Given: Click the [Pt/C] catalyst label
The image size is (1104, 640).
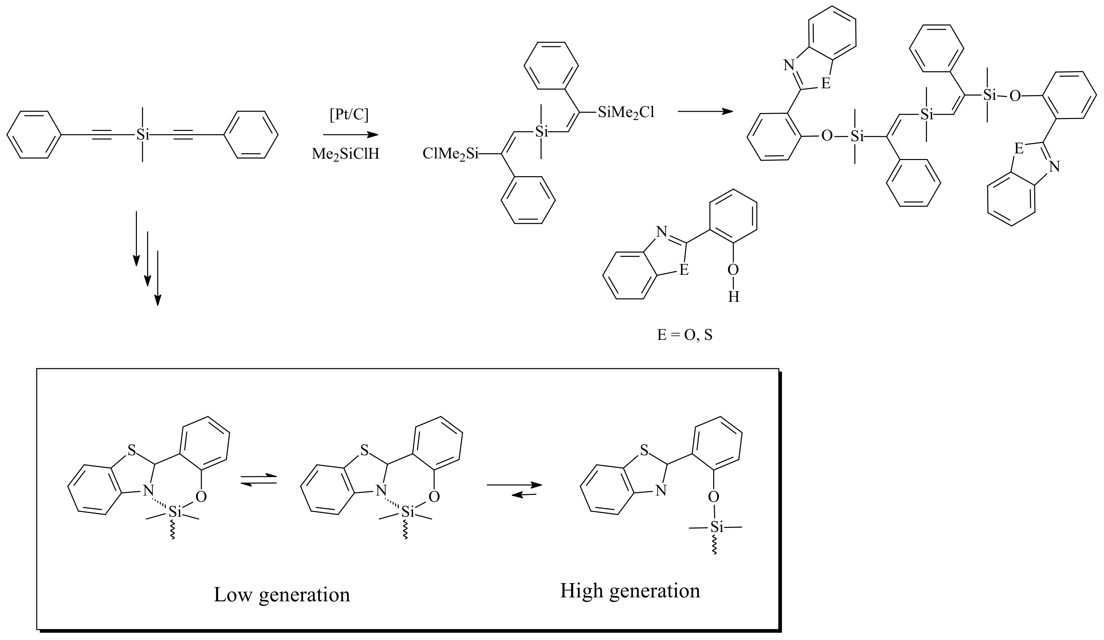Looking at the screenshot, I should (x=349, y=115).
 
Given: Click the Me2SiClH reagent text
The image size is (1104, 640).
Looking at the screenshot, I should (x=345, y=154).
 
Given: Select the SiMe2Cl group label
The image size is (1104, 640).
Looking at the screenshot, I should (x=626, y=113).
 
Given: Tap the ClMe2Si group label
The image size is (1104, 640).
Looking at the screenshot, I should (x=450, y=154).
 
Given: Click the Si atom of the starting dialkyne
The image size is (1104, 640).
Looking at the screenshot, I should (x=143, y=135).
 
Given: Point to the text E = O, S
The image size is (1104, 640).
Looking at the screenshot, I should (x=684, y=335).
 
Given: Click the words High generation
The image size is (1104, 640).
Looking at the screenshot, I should (x=630, y=590).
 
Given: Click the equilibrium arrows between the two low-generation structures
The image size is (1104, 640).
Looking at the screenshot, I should (x=259, y=479).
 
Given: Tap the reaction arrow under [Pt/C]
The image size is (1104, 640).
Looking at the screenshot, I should (x=350, y=135).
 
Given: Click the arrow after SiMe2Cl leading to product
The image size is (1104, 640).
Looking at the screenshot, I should (x=705, y=111).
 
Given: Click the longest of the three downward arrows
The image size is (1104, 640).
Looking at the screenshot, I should (x=158, y=278).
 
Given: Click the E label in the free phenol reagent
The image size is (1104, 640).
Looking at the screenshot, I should (x=683, y=270).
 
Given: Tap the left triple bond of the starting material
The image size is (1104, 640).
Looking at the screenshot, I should (x=102, y=135).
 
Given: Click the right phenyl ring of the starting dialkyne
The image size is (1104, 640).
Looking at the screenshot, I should (x=251, y=135).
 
